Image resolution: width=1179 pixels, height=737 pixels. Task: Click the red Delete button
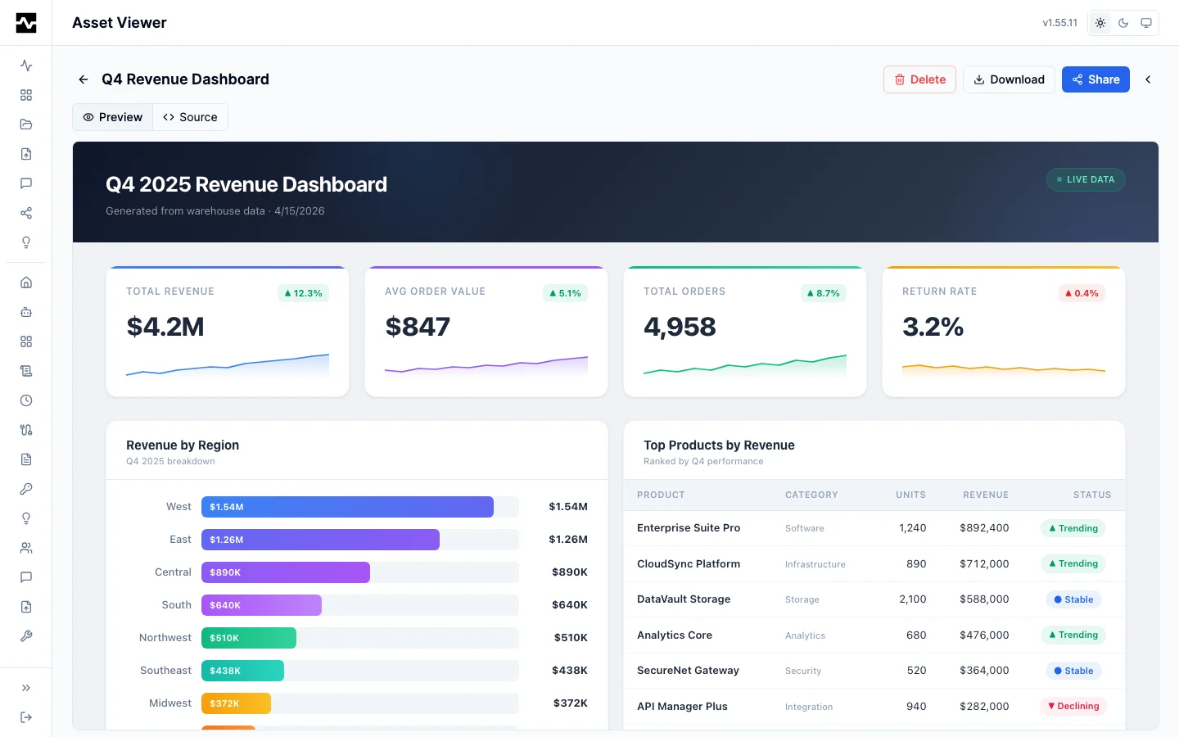click(x=919, y=79)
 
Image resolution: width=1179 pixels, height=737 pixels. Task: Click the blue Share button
click(x=1095, y=79)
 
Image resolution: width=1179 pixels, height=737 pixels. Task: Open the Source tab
click(x=190, y=117)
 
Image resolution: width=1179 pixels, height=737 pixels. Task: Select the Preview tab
click(x=113, y=117)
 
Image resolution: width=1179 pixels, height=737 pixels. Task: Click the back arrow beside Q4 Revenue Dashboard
click(x=84, y=79)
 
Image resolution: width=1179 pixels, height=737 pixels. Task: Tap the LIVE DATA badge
click(x=1085, y=179)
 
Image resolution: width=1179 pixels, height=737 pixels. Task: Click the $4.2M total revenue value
click(x=165, y=327)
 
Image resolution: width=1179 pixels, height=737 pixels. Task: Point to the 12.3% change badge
click(x=303, y=293)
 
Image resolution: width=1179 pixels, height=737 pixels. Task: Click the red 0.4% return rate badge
click(x=1082, y=293)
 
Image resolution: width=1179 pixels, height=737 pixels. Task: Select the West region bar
click(x=347, y=507)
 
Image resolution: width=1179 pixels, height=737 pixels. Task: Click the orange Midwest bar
click(x=236, y=703)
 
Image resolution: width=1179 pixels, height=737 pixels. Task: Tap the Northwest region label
click(x=165, y=638)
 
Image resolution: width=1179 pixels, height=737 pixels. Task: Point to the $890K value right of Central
click(x=569, y=572)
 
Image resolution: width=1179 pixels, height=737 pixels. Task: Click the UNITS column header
click(x=910, y=495)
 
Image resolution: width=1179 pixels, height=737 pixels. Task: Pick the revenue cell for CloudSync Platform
click(x=984, y=564)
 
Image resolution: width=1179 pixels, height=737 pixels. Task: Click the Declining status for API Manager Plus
click(x=1073, y=706)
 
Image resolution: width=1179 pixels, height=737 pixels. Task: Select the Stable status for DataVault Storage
click(x=1073, y=599)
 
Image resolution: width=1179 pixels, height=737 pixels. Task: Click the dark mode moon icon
click(x=1123, y=23)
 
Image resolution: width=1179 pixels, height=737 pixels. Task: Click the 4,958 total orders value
click(x=680, y=327)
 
